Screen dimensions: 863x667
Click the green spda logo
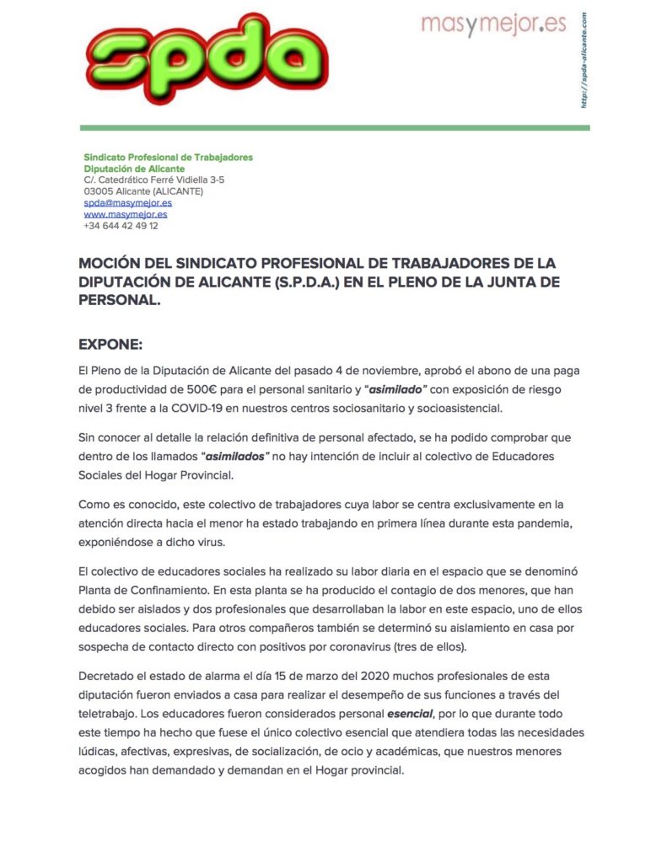click(x=207, y=57)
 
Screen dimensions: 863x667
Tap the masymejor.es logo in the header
click(x=493, y=24)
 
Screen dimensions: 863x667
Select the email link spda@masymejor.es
click(x=128, y=203)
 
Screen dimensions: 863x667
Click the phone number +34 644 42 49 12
click(x=121, y=226)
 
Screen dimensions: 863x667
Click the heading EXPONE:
click(x=110, y=345)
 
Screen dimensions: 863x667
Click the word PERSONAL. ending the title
click(x=119, y=300)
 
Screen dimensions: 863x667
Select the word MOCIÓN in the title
click(x=114, y=264)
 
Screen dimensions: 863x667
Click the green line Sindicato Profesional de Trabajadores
click(x=168, y=157)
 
